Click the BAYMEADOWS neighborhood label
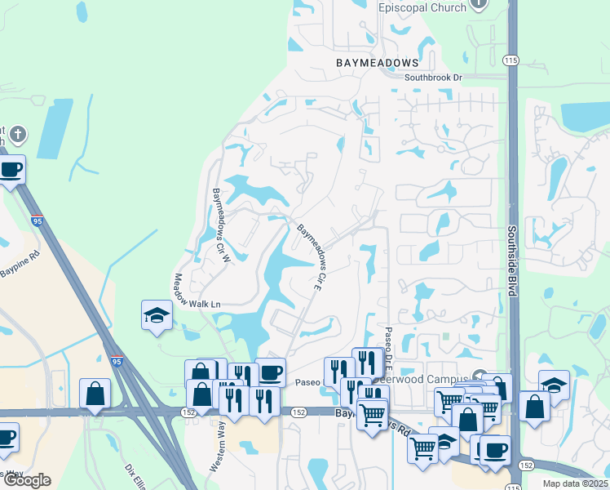coord(378,63)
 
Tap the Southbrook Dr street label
coord(433,78)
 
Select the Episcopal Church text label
coord(422,7)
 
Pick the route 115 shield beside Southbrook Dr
coord(511,60)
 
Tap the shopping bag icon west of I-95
coord(95,394)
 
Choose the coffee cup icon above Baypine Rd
coord(11,170)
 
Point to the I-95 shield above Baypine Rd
coord(38,220)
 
